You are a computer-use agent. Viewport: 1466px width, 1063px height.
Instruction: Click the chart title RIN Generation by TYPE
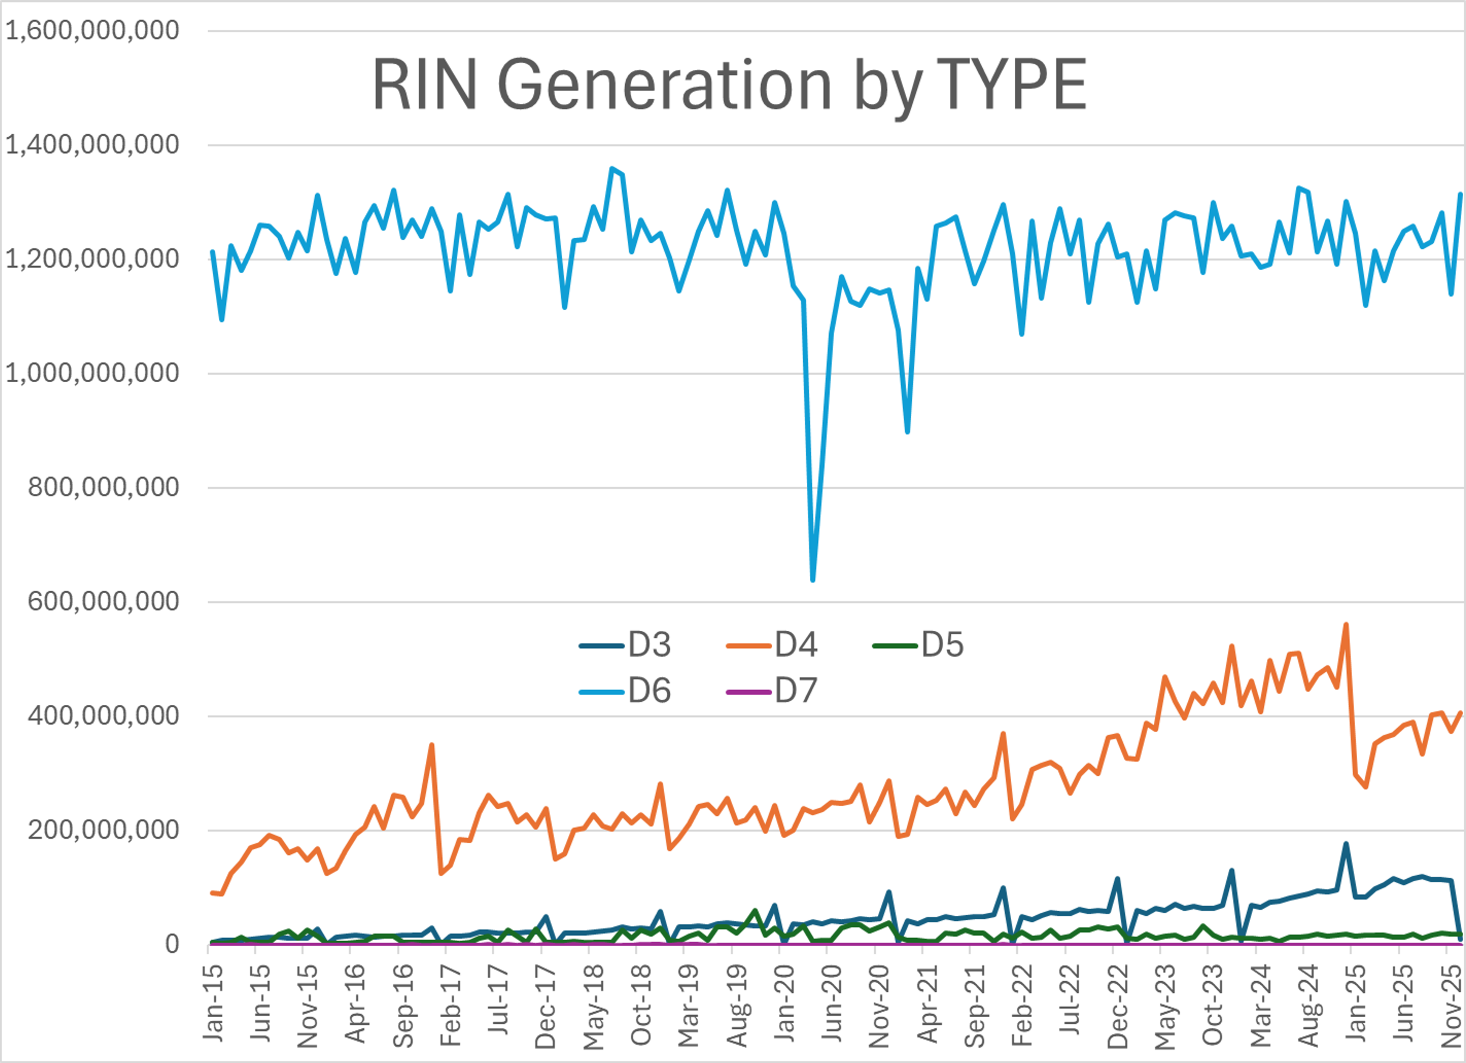coord(729,85)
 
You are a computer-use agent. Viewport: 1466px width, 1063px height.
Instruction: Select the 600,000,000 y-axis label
coord(103,602)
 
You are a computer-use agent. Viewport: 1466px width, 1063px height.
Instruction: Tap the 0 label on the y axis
coord(172,944)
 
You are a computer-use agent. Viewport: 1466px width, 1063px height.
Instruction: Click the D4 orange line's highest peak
coord(1346,625)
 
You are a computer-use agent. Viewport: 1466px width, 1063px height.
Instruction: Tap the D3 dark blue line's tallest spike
coord(1346,844)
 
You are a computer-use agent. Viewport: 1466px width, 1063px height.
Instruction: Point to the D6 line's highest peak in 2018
coord(612,169)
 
